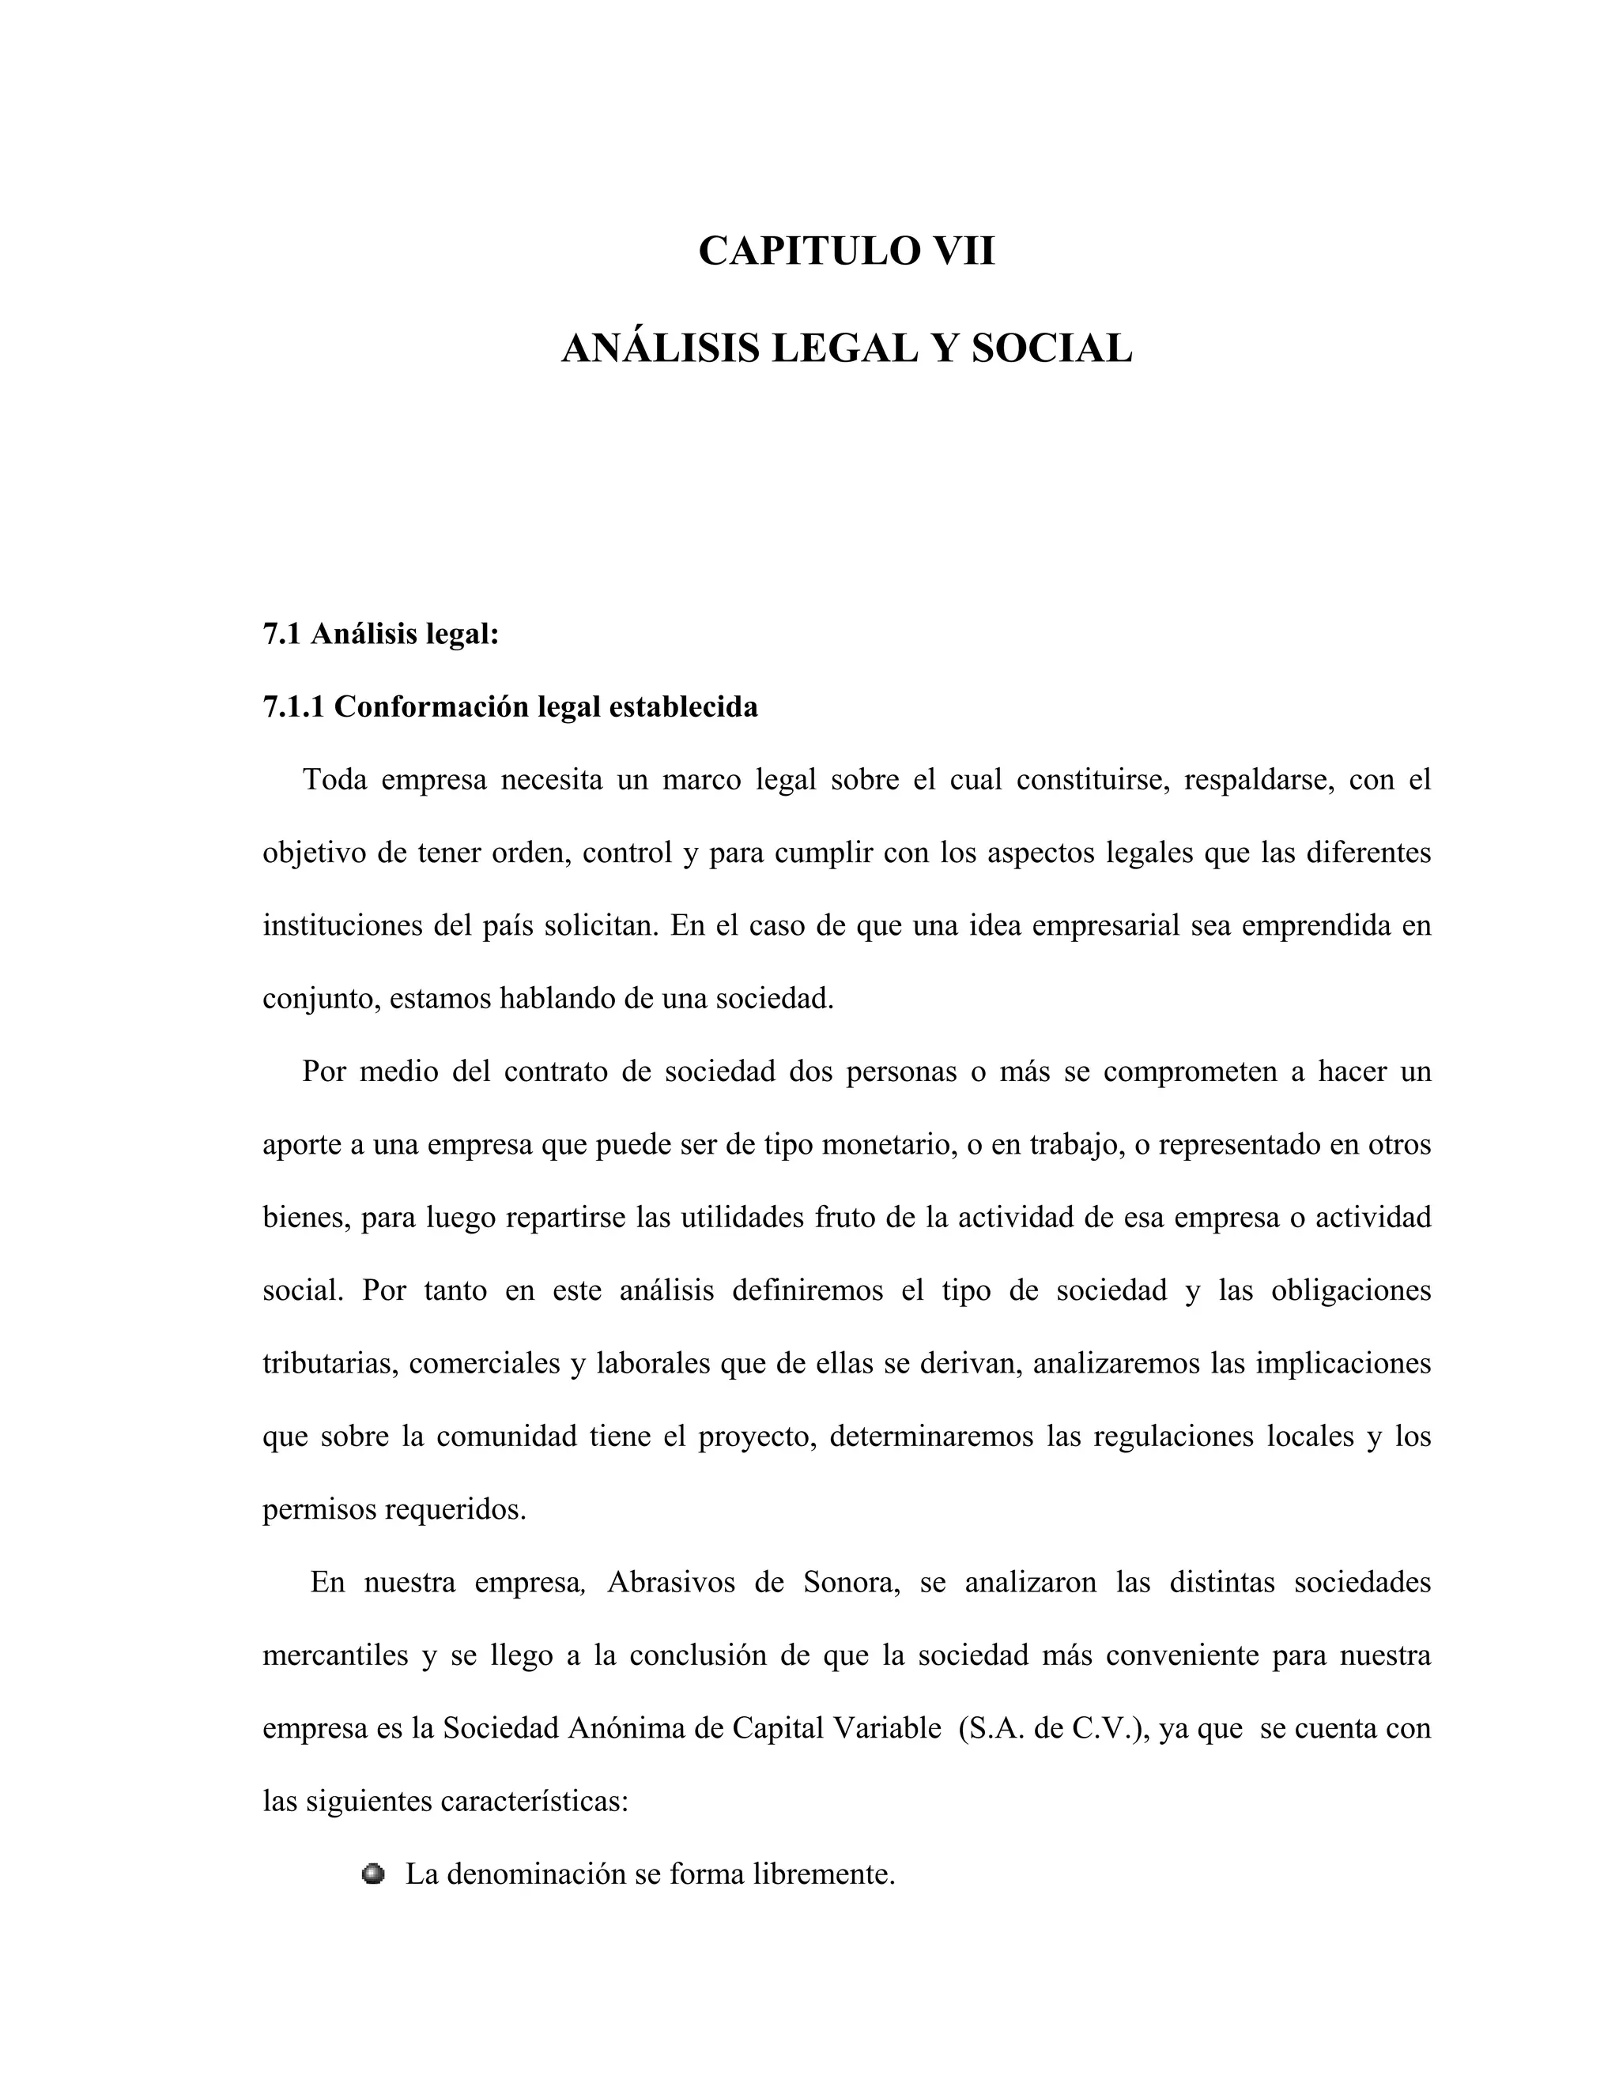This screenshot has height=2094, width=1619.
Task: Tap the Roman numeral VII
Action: (x=957, y=251)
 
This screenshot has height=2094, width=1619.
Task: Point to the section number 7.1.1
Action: (x=293, y=706)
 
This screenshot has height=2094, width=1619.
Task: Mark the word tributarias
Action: (x=329, y=1363)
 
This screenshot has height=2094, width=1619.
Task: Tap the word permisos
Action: (x=319, y=1509)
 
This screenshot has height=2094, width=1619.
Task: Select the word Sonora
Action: (x=851, y=1582)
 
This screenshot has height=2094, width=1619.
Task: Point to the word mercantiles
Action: (x=336, y=1655)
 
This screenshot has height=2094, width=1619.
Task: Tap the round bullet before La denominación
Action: (x=373, y=1874)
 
